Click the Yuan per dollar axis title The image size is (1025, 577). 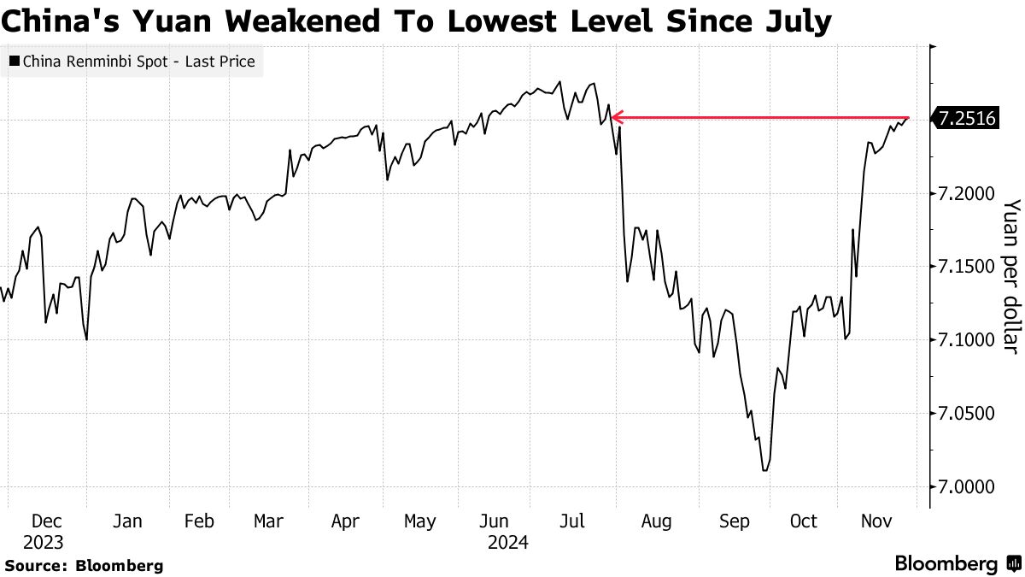1010,275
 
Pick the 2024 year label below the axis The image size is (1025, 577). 508,542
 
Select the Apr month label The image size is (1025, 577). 345,521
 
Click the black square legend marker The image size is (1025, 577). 15,62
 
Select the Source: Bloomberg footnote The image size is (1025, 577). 84,565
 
